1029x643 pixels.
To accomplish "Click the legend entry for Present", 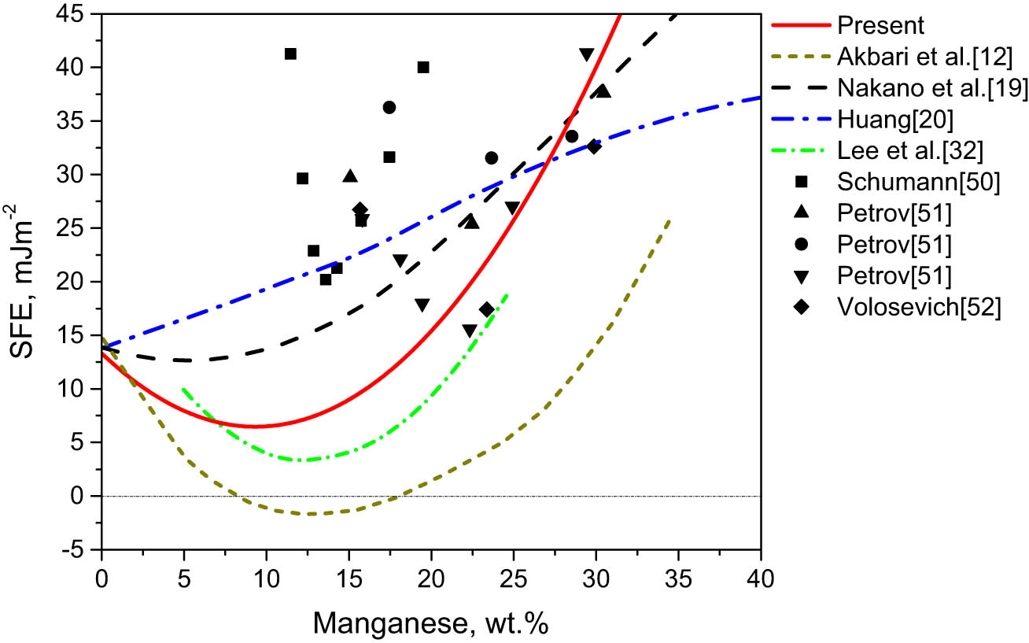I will pos(880,25).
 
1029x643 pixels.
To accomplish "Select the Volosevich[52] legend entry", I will pos(919,308).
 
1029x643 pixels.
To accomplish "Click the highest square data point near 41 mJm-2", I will pos(290,54).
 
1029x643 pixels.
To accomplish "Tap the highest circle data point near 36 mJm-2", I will pos(389,107).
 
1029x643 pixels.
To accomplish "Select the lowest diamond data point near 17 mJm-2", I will pos(486,309).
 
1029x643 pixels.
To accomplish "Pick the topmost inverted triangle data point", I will pos(586,54).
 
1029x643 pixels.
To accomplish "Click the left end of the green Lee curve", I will pos(183,388).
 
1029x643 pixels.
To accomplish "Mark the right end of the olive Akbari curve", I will pos(669,220).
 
